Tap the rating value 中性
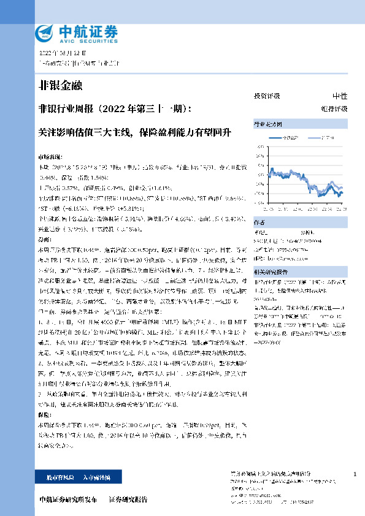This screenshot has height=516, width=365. tap(339, 96)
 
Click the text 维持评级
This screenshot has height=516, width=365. tap(338, 108)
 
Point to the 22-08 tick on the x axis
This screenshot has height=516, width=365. tap(339, 208)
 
